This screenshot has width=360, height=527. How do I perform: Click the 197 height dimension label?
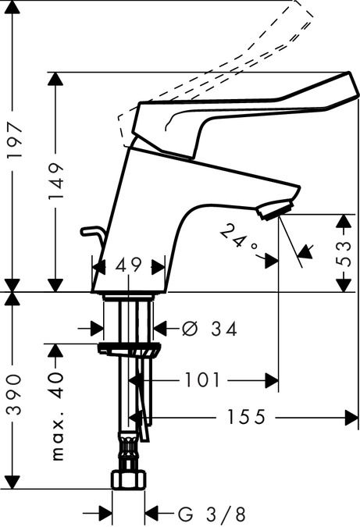[16, 141]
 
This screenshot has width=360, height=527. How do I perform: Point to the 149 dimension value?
[55, 181]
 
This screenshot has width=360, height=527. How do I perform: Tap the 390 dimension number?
[15, 394]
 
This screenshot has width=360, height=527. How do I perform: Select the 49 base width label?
[128, 265]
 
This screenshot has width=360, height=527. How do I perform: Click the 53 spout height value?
[343, 254]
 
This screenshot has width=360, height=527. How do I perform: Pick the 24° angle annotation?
[239, 240]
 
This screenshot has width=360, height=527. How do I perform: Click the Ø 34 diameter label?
[209, 329]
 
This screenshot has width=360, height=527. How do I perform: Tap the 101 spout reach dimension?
[202, 380]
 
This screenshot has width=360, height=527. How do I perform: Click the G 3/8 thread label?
[212, 515]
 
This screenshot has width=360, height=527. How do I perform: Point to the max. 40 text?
[57, 416]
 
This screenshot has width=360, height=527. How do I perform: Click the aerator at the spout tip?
[275, 209]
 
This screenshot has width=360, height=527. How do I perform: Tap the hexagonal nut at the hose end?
[128, 479]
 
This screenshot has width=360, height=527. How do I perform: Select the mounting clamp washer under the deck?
[129, 349]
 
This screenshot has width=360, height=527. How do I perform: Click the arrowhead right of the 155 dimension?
[351, 418]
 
